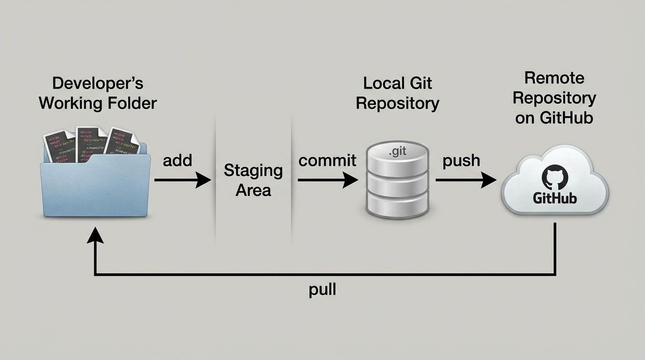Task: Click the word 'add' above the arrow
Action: pos(177,160)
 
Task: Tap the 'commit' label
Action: pos(327,161)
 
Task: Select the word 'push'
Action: pos(461,161)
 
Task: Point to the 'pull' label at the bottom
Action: pos(322,290)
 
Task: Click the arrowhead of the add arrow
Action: pos(204,180)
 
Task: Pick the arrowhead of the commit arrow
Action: pos(351,180)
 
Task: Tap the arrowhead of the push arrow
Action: pos(489,180)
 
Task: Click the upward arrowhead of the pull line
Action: pos(95,234)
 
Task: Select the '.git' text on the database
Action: pos(397,152)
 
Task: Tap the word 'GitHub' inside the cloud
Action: pos(555,198)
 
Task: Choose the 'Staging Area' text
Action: pos(253,180)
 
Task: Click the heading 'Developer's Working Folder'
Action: pos(97,93)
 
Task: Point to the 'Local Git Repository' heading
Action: pos(397,93)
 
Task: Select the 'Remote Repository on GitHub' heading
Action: pos(554,97)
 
